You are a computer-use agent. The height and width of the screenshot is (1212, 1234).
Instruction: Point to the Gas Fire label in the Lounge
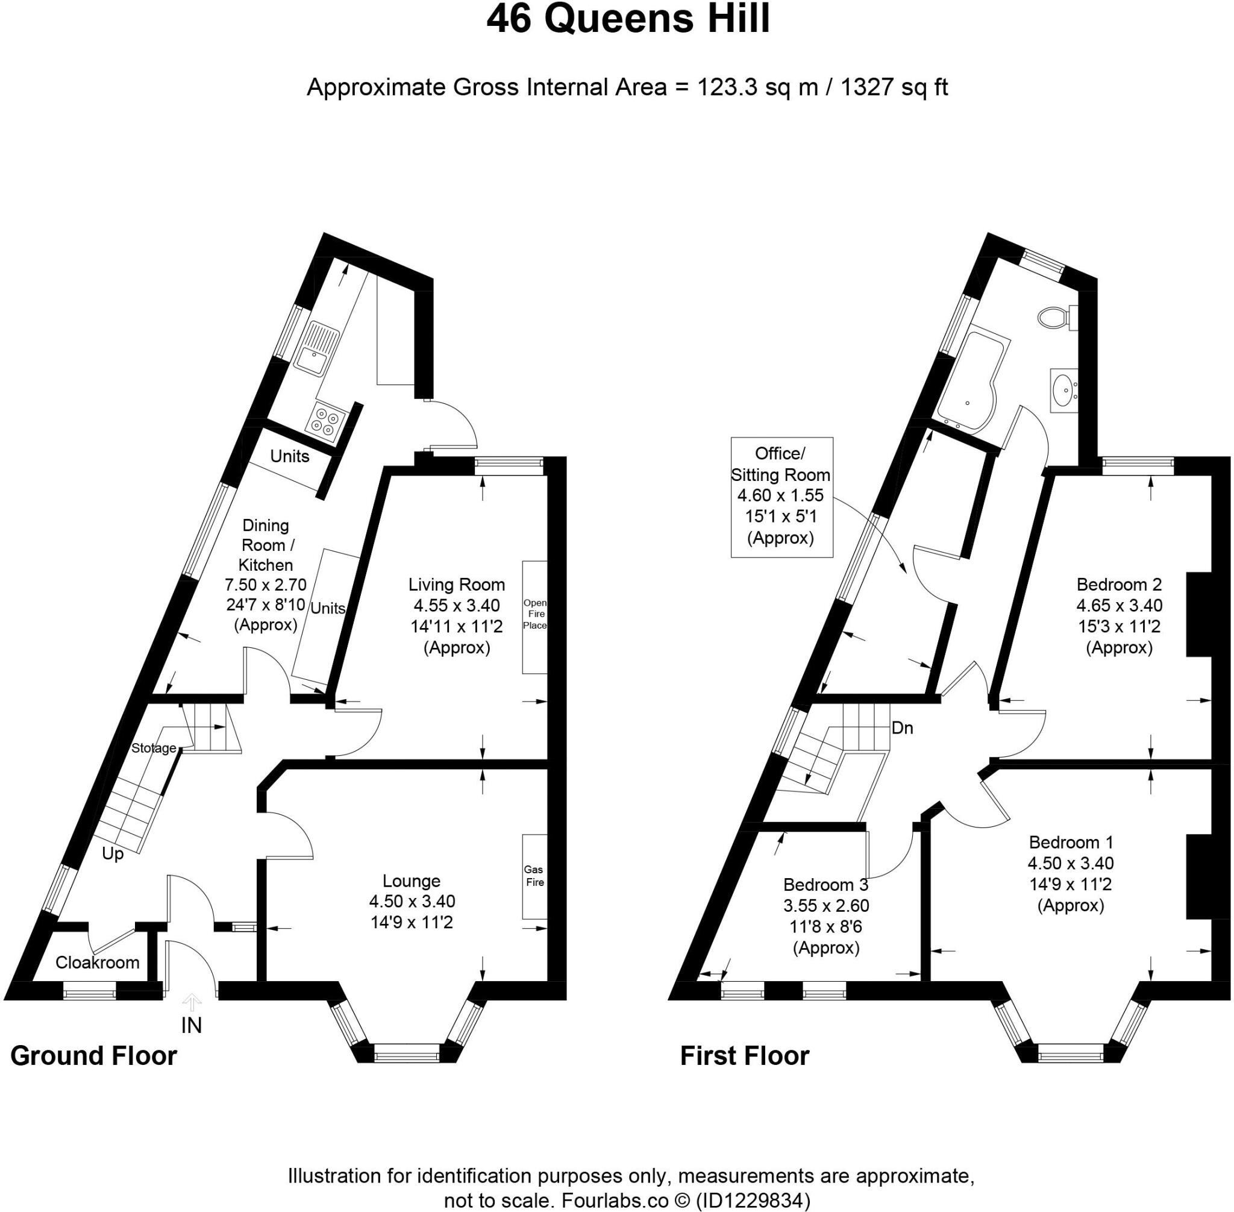click(534, 875)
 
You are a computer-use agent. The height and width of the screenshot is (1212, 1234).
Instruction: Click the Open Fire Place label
click(534, 614)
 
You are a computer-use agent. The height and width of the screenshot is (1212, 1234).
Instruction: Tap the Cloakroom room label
click(98, 962)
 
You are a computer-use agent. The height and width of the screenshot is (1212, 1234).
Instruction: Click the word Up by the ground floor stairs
click(113, 853)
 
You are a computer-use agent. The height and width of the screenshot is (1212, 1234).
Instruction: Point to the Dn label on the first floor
click(902, 727)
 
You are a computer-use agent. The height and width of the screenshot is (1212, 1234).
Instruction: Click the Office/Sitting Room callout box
click(781, 497)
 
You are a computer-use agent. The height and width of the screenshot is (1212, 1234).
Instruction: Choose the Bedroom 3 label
click(825, 884)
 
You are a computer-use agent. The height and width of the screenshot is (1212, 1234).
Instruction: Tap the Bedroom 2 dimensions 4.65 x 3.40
click(1119, 604)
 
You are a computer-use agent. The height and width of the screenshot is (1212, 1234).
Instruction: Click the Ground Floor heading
click(93, 1055)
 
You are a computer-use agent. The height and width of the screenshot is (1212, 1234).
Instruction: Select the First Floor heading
click(744, 1055)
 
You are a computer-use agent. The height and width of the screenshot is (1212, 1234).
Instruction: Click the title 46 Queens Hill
click(627, 19)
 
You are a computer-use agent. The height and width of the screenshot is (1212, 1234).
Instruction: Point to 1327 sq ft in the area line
click(894, 87)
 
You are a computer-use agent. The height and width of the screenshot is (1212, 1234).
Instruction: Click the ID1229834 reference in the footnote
click(754, 1201)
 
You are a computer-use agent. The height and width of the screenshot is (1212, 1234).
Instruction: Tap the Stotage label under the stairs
click(154, 748)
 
